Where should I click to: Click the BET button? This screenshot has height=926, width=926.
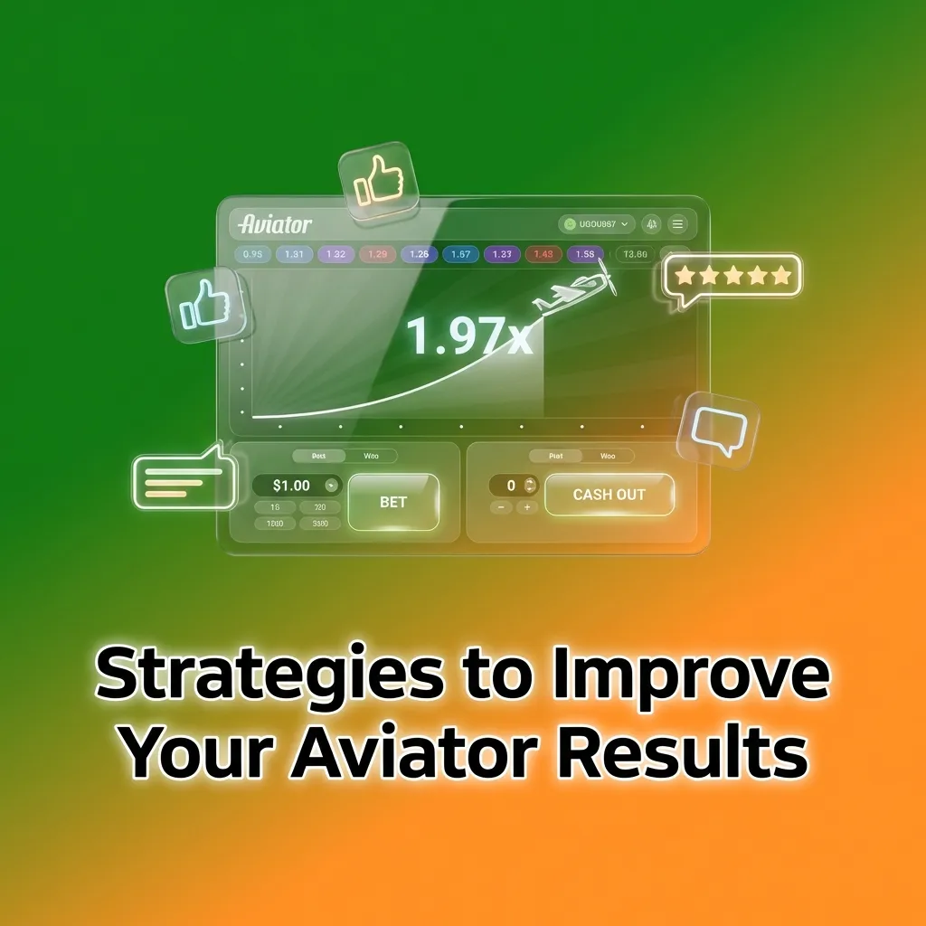(x=393, y=502)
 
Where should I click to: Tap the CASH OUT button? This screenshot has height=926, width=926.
(x=609, y=495)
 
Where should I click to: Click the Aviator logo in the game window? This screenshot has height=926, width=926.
(x=276, y=223)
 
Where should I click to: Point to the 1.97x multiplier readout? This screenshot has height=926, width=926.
(x=468, y=335)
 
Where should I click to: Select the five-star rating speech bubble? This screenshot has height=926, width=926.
(x=733, y=277)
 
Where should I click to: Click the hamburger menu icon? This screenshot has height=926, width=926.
(x=677, y=223)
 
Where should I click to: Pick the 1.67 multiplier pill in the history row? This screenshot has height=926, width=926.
(x=460, y=254)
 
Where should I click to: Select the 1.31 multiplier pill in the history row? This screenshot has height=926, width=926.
(x=294, y=254)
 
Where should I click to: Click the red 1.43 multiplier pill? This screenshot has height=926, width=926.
(x=543, y=254)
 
